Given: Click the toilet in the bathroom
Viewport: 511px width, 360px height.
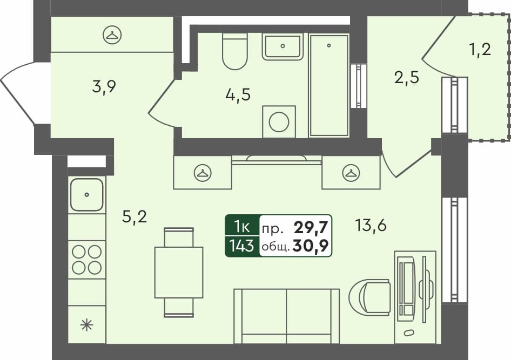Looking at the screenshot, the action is click(x=234, y=51).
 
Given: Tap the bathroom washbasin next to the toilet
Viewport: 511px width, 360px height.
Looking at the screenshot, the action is click(x=283, y=46).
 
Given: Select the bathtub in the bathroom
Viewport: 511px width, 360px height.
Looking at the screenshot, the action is click(x=329, y=86).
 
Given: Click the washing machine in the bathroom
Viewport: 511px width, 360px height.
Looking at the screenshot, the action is click(x=279, y=122).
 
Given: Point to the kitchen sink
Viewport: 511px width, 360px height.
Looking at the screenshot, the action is click(x=86, y=194).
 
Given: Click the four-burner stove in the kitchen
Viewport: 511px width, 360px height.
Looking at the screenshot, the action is click(x=86, y=260).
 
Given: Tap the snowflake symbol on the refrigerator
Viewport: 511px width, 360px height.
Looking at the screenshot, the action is click(x=86, y=325).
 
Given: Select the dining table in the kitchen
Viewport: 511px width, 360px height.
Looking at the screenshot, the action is click(x=179, y=272).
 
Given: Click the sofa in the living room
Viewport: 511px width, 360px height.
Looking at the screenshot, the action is click(x=286, y=316).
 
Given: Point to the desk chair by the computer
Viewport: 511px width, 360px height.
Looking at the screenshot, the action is click(x=370, y=297).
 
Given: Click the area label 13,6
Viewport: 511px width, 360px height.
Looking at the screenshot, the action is click(x=371, y=225).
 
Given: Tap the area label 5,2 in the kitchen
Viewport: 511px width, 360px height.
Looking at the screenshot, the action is click(x=135, y=216).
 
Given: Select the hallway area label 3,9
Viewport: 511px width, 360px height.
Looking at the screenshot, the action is click(x=104, y=86).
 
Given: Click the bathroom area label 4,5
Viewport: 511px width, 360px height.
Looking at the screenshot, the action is click(x=238, y=94).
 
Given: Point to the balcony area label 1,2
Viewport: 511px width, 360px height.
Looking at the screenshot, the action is click(x=480, y=50).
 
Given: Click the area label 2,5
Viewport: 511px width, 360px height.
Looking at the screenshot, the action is click(x=407, y=78).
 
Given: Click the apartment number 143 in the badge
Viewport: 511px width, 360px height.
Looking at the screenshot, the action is click(x=242, y=246).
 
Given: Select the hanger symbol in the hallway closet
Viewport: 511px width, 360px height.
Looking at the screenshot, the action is click(x=112, y=34).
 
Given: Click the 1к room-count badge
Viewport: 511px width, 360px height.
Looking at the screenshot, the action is click(x=242, y=227).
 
